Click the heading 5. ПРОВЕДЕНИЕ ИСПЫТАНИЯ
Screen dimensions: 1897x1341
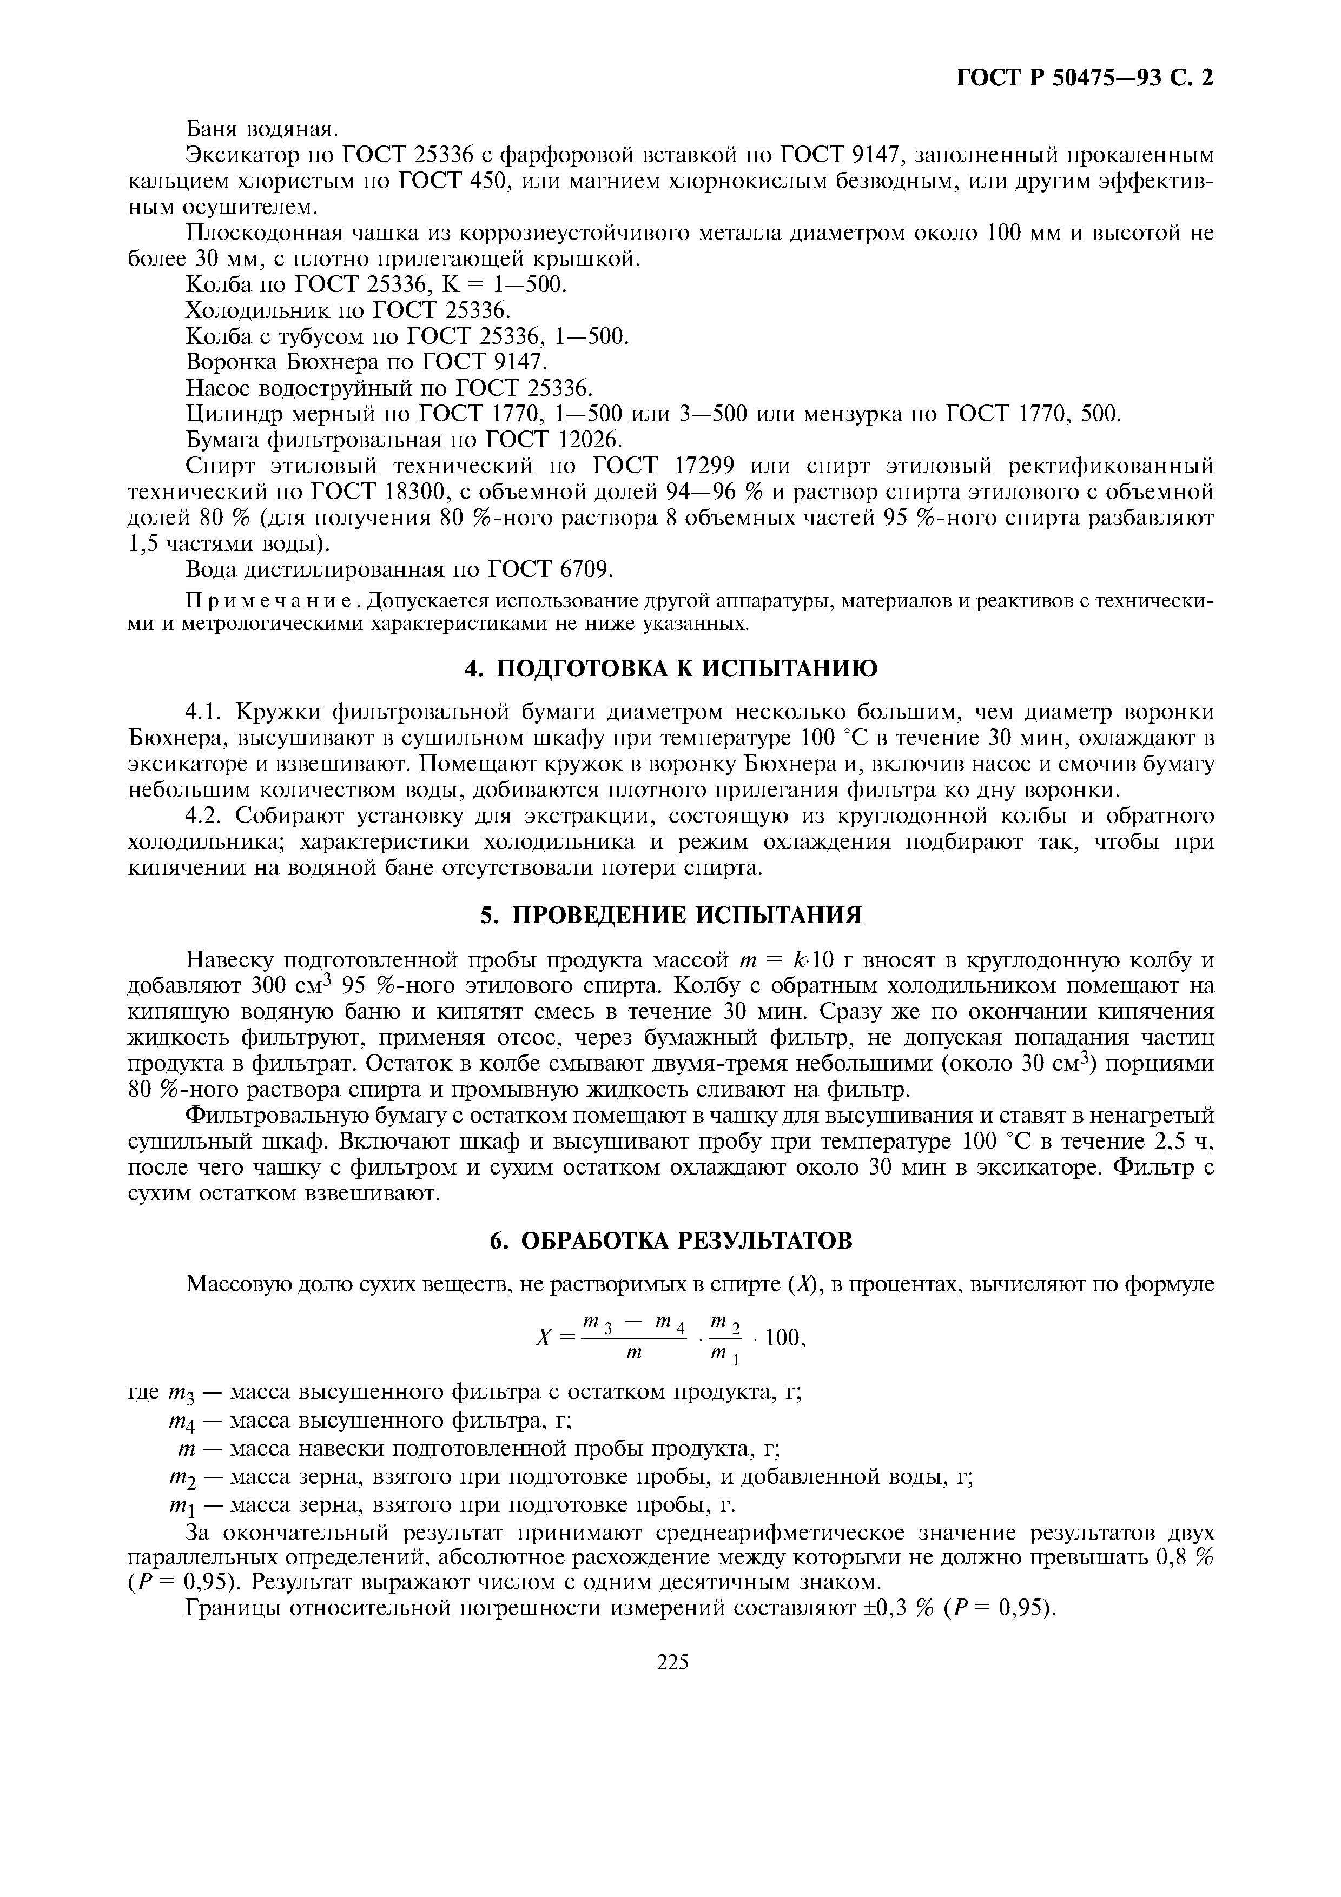pos(670,914)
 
